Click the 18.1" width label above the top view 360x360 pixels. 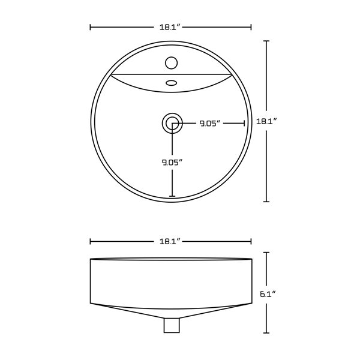pyautogui.click(x=170, y=27)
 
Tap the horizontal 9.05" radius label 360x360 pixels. pyautogui.click(x=211, y=124)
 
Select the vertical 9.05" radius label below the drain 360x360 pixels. pyautogui.click(x=172, y=161)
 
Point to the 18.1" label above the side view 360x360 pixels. pyautogui.click(x=170, y=241)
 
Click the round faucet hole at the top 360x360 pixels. pyautogui.click(x=172, y=62)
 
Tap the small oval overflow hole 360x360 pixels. pyautogui.click(x=172, y=83)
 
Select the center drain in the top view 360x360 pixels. pyautogui.click(x=172, y=124)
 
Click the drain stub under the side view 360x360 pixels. pyautogui.click(x=172, y=325)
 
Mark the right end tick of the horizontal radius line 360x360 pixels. pyautogui.click(x=244, y=124)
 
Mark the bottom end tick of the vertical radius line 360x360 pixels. pyautogui.click(x=172, y=196)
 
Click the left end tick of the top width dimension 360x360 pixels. pyautogui.click(x=90, y=27)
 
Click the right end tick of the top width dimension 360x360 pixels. pyautogui.click(x=251, y=27)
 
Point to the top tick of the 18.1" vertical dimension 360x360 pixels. pyautogui.click(x=266, y=41)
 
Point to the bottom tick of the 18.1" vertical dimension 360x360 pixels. pyautogui.click(x=266, y=202)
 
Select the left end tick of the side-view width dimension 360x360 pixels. pyautogui.click(x=90, y=241)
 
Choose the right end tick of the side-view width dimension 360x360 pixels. pyautogui.click(x=251, y=241)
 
